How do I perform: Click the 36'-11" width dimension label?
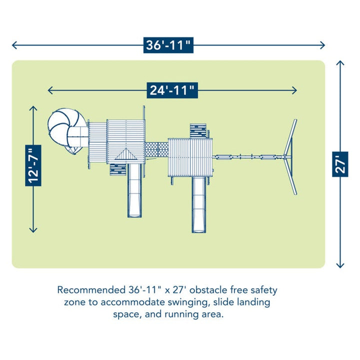coord(168,45)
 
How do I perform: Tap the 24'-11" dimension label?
coord(172,90)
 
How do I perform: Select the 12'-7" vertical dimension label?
coord(33,165)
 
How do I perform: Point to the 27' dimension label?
coord(340,164)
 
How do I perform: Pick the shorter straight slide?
coord(134,190)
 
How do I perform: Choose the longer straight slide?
coord(199,205)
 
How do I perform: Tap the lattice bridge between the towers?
coord(156,149)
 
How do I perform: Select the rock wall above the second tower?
coord(198,131)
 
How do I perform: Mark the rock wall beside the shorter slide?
coord(118,169)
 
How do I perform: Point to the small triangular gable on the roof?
coord(126,154)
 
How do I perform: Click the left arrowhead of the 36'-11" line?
coord(14,45)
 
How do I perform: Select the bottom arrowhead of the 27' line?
coord(340,265)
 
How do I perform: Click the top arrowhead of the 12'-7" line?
coord(33,108)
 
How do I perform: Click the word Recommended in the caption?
coord(91,290)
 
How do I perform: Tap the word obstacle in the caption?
coord(208,290)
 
